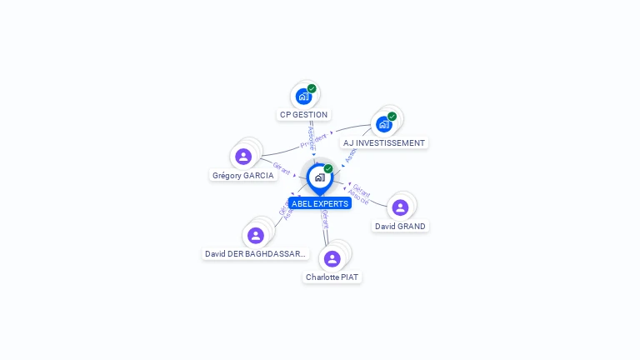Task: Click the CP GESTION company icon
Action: (303, 97)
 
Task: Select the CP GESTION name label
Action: (304, 115)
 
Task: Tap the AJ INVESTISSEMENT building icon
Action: (383, 125)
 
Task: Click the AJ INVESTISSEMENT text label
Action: (384, 143)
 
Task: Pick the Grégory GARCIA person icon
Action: (243, 157)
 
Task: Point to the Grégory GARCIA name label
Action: (243, 176)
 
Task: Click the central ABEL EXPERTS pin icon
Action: (319, 177)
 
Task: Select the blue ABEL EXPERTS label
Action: (320, 203)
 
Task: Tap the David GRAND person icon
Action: (400, 207)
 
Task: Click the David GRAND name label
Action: (400, 227)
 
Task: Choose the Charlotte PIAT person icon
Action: (332, 258)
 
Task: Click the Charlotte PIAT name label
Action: (333, 277)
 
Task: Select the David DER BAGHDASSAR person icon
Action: (256, 236)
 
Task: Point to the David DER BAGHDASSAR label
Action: (256, 254)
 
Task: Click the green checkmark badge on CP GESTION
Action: (312, 88)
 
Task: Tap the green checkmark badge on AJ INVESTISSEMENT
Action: (392, 117)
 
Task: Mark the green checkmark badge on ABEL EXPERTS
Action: (328, 168)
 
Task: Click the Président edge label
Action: (313, 140)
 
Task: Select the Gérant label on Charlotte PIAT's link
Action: (325, 219)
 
